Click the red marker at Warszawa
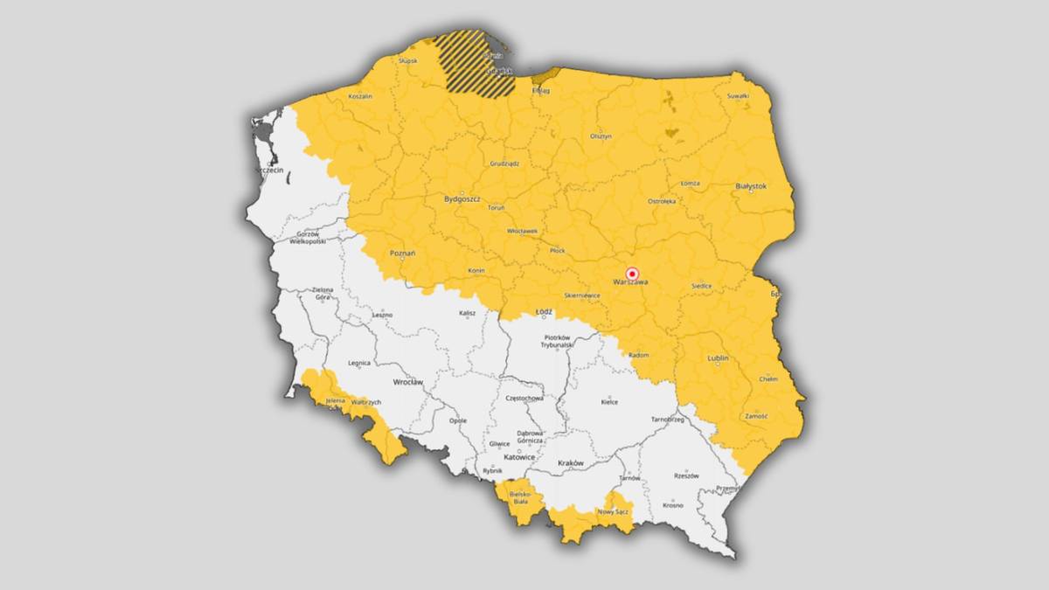[x=633, y=274]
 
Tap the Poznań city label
[x=403, y=253]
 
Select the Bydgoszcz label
[x=462, y=198]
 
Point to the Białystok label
[x=751, y=186]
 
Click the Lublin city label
[x=717, y=358]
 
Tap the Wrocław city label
[x=407, y=382]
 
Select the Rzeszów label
[x=686, y=476]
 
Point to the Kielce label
[x=609, y=402]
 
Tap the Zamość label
[x=756, y=416]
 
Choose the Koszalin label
[x=360, y=96]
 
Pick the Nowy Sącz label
[x=614, y=510]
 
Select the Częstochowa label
[x=524, y=398]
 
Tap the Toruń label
[x=496, y=208]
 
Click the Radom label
[x=639, y=355]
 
